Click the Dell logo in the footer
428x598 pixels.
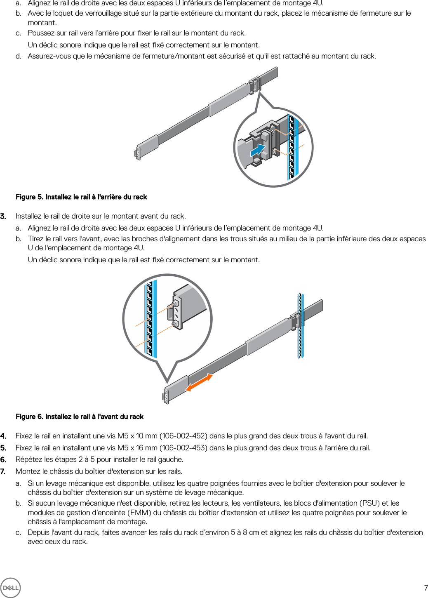10,588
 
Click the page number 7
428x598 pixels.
426,588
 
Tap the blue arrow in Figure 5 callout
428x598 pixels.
258,150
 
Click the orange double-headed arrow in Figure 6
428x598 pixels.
199,383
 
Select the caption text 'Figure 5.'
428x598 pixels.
30,197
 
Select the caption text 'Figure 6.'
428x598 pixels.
30,417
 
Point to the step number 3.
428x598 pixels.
3,216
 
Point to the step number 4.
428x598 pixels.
3,436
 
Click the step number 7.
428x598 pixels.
3,471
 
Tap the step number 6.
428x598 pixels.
3,459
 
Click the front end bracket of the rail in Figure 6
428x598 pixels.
166,396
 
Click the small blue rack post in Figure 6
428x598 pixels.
301,326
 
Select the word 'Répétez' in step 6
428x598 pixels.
28,459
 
